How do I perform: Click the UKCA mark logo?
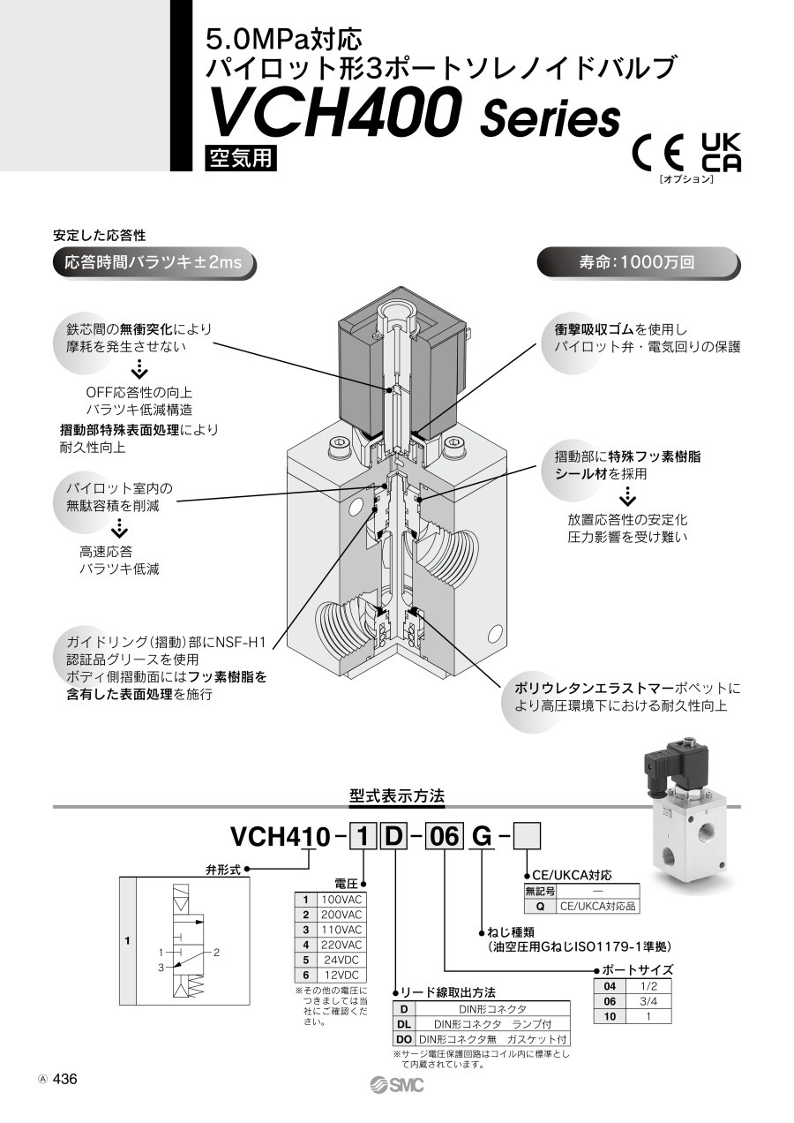(x=721, y=152)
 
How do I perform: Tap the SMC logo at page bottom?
(x=397, y=1085)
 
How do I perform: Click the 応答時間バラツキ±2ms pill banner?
(x=153, y=262)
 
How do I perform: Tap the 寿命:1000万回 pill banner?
(x=638, y=262)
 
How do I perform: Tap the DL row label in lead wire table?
(x=403, y=1024)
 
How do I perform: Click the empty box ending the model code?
(x=527, y=834)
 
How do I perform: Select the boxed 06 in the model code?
(x=444, y=834)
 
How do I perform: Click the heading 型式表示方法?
(x=397, y=795)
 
